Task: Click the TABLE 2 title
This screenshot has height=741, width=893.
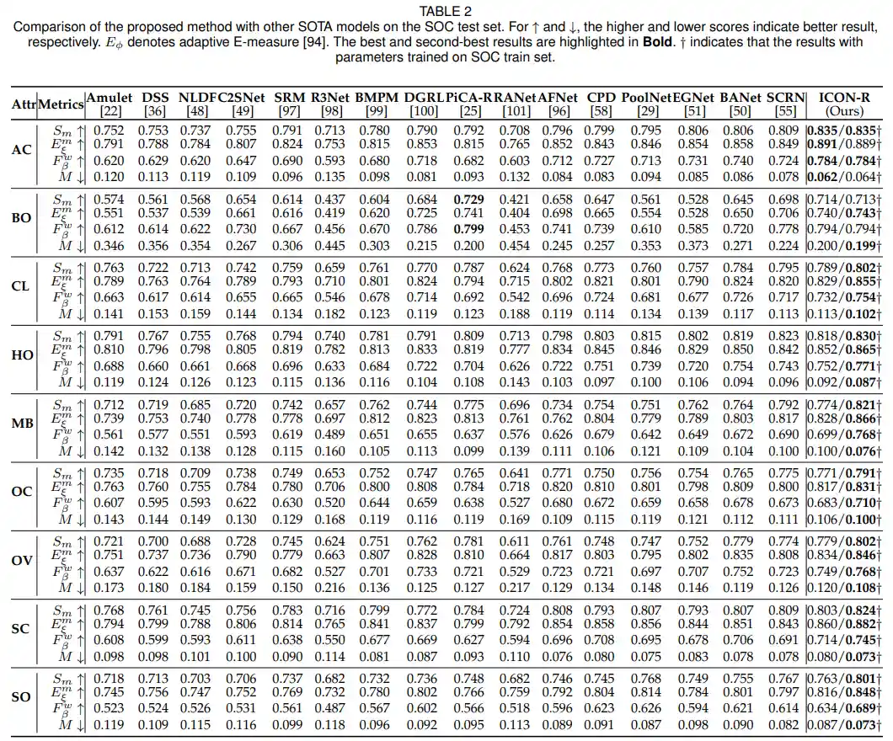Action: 446,11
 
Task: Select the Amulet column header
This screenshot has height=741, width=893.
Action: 110,98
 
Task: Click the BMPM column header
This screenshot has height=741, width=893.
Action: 376,98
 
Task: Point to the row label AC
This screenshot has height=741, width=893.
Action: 22,150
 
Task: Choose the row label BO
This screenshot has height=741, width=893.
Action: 22,218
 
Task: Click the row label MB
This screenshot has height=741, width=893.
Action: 22,423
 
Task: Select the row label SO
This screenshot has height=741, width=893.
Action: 22,696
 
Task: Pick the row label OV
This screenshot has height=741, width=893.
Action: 22,560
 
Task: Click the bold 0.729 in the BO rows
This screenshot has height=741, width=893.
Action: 468,199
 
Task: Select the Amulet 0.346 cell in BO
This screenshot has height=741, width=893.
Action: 109,246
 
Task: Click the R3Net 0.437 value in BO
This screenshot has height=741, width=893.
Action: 329,199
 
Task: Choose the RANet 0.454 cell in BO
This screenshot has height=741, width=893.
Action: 515,246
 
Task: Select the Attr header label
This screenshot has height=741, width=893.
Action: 23,104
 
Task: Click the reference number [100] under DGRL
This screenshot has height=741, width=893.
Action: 422,110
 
